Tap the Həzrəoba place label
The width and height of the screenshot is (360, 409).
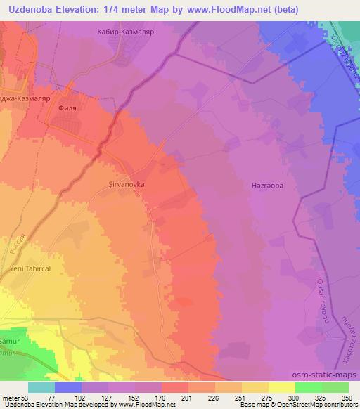coord(267,186)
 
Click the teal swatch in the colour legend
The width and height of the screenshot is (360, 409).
coord(41,387)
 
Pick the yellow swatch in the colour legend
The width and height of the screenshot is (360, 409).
coord(281,387)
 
